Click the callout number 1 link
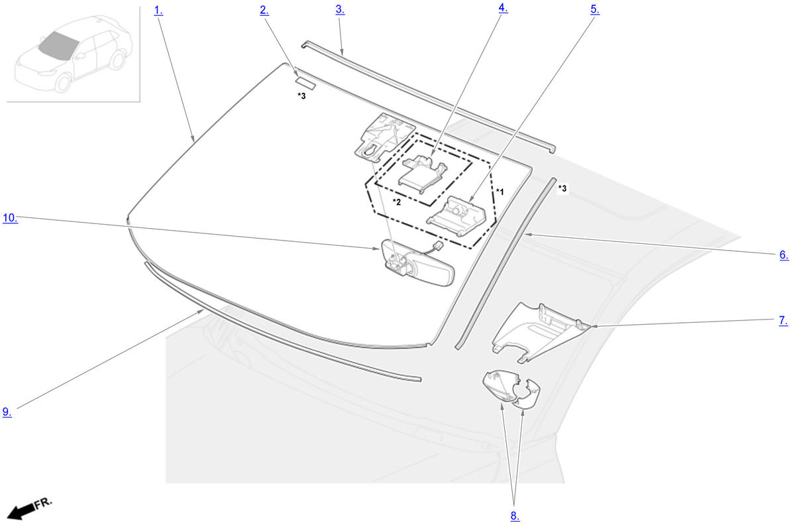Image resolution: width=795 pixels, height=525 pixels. tap(158, 11)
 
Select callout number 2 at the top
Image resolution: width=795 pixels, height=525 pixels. tap(264, 11)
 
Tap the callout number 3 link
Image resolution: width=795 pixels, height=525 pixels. tap(340, 9)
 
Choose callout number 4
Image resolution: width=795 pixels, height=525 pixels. tap(503, 8)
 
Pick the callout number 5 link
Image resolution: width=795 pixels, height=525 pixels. tap(595, 9)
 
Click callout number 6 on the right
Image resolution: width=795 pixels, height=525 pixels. tap(784, 255)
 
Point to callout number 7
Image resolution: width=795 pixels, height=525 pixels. tap(783, 320)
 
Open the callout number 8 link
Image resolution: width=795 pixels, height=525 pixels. tap(515, 516)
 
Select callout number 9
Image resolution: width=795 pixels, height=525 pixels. tap(7, 412)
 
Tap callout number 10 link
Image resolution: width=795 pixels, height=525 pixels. tap(11, 217)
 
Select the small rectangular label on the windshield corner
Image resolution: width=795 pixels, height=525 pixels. tap(305, 84)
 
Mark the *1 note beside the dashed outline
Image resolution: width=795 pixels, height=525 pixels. tap(500, 192)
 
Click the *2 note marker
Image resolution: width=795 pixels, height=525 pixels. tap(397, 202)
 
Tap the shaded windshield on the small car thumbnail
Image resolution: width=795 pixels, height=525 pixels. tap(58, 46)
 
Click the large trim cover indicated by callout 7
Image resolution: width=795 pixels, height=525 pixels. tap(541, 333)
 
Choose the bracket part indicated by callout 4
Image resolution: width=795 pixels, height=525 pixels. tap(423, 174)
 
